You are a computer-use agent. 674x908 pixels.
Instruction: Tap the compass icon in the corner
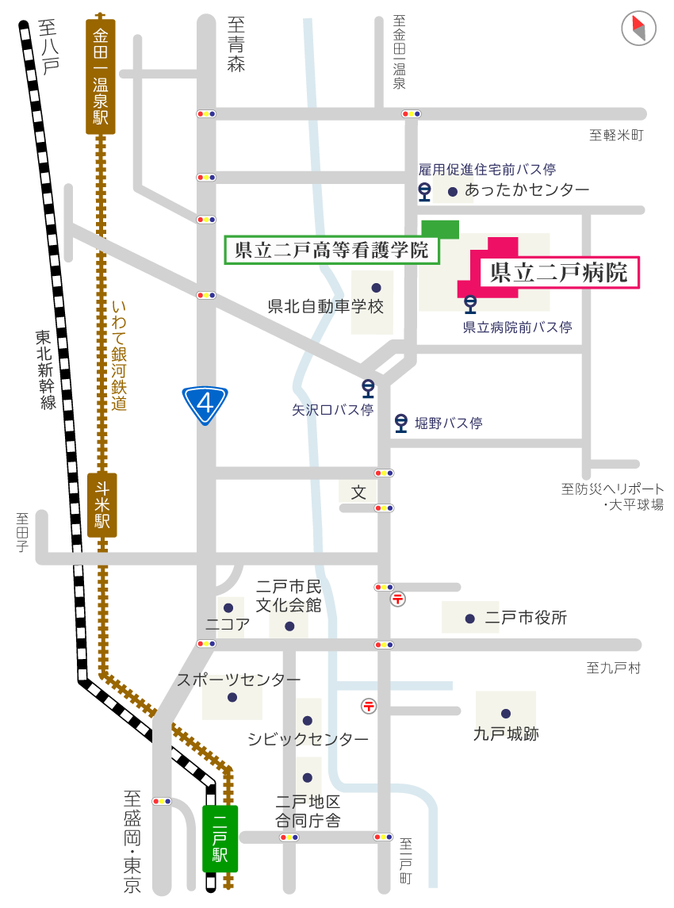[638, 29]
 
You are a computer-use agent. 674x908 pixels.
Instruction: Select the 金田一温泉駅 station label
[101, 77]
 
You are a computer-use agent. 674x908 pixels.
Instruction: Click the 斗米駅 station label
[102, 505]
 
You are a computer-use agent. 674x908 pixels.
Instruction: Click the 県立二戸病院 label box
[559, 273]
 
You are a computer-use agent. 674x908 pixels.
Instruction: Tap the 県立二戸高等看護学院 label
[331, 250]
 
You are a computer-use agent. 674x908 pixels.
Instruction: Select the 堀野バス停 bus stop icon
[402, 423]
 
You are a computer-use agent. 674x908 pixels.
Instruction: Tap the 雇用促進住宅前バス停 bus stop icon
[425, 191]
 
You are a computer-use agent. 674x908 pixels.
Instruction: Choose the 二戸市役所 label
[526, 618]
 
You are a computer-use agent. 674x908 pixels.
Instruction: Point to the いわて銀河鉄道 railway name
[120, 355]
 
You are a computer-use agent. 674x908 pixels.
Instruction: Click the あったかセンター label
[527, 190]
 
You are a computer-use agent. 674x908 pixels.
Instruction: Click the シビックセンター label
[308, 739]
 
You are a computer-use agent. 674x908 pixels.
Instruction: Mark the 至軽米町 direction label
[616, 136]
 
